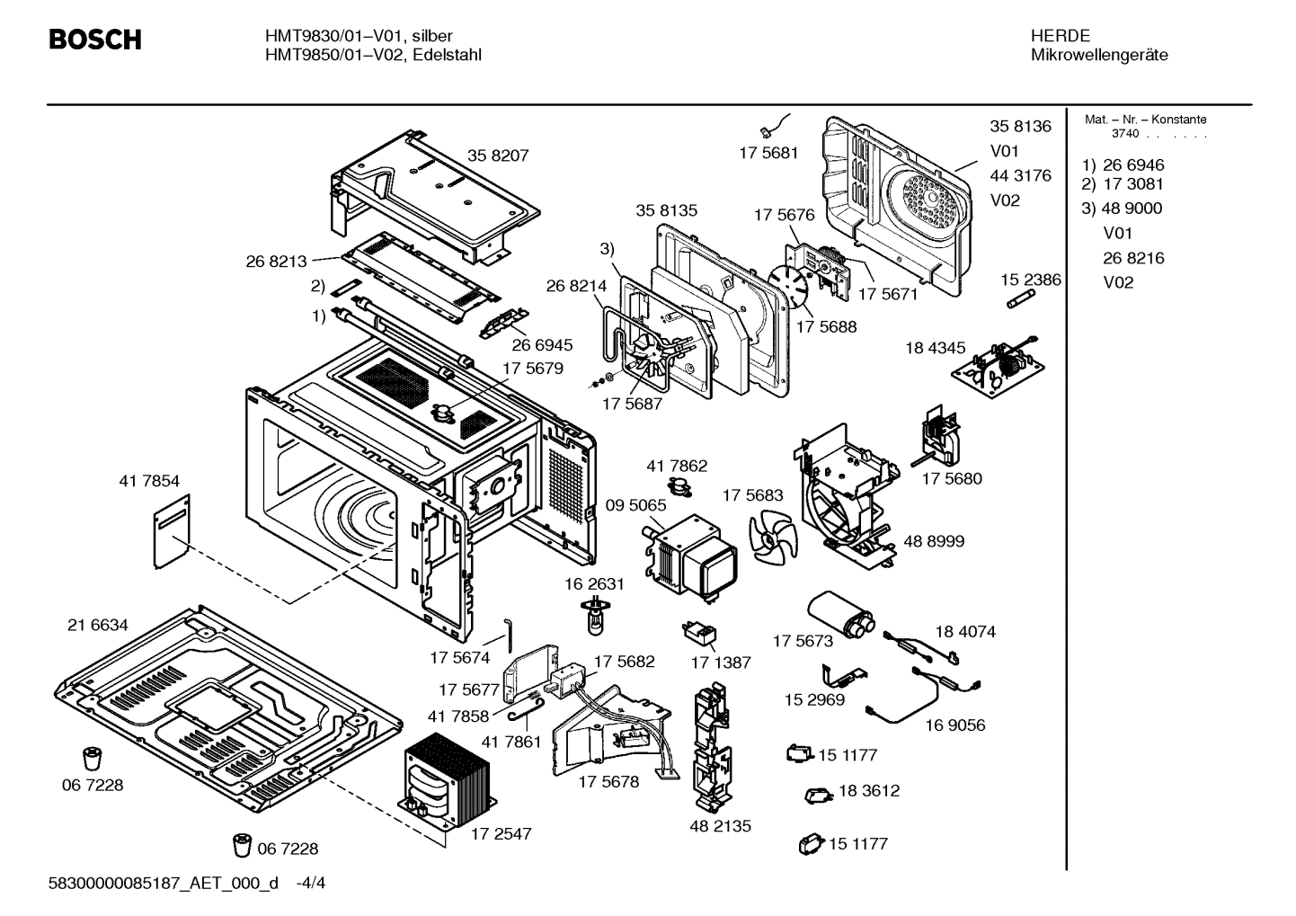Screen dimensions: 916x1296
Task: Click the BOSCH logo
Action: [x=94, y=40]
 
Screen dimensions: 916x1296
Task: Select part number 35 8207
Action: [x=498, y=155]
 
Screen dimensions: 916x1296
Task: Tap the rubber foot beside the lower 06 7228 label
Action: [x=243, y=845]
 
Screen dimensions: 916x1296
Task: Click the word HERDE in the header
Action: [x=1061, y=36]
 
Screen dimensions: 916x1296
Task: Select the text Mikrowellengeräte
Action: [x=1099, y=55]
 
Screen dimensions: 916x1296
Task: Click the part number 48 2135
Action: [x=720, y=825]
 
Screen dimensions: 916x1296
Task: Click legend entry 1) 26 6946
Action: [x=1123, y=165]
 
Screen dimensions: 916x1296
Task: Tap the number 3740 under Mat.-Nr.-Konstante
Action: [x=1124, y=134]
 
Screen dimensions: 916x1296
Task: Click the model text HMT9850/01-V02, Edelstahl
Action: [x=373, y=55]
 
